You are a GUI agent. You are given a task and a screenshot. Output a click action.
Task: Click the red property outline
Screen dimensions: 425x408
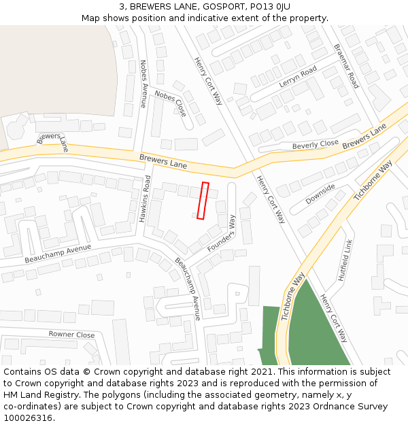click(203, 201)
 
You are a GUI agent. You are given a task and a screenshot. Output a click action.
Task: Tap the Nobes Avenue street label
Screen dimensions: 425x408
click(143, 84)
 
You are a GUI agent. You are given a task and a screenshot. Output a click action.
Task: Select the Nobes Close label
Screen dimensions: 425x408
click(170, 103)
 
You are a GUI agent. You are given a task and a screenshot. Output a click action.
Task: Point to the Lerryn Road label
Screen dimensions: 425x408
click(298, 76)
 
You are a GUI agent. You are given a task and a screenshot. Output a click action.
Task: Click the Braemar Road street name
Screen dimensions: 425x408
click(345, 66)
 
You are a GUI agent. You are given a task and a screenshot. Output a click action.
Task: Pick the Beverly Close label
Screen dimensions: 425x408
click(315, 145)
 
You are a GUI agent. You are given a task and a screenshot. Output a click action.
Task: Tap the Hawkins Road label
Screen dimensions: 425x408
click(145, 199)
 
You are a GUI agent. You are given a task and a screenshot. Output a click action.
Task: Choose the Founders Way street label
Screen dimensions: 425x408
click(222, 233)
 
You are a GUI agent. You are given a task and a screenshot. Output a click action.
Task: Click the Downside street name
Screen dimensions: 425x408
click(320, 194)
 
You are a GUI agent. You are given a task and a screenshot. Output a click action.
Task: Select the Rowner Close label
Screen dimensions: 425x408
click(71, 335)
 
